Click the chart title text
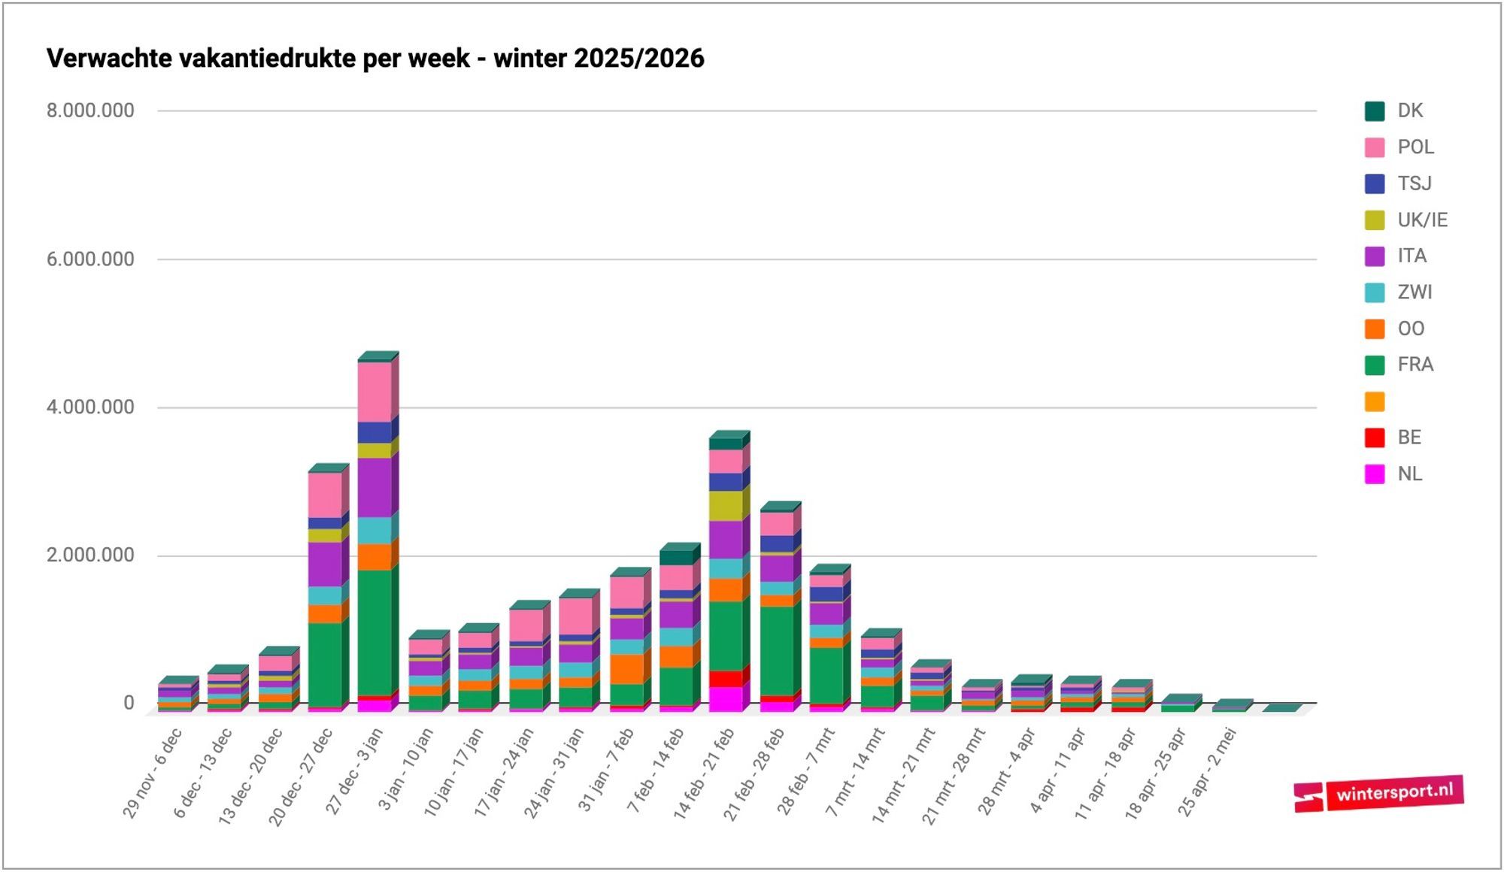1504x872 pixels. (x=375, y=58)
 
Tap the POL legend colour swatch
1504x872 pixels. (x=1375, y=147)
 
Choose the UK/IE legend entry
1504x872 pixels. (x=1406, y=220)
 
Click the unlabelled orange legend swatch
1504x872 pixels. (x=1375, y=401)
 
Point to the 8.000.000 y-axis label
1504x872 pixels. (x=90, y=111)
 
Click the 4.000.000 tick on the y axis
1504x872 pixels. (x=90, y=407)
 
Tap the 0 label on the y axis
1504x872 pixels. (x=129, y=703)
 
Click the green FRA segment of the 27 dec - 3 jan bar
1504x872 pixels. (x=374, y=633)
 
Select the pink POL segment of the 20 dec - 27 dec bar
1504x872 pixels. (x=325, y=495)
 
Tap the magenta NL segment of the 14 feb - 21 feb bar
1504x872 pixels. (x=726, y=699)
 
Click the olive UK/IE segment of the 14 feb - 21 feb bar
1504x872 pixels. (x=726, y=506)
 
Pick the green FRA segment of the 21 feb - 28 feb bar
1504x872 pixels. (x=777, y=651)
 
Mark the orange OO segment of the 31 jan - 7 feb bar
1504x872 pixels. (x=626, y=669)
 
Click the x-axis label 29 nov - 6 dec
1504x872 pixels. (x=153, y=772)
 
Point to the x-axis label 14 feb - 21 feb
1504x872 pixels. (x=704, y=774)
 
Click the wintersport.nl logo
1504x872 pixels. (x=1378, y=793)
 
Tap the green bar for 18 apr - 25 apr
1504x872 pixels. (x=1178, y=708)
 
